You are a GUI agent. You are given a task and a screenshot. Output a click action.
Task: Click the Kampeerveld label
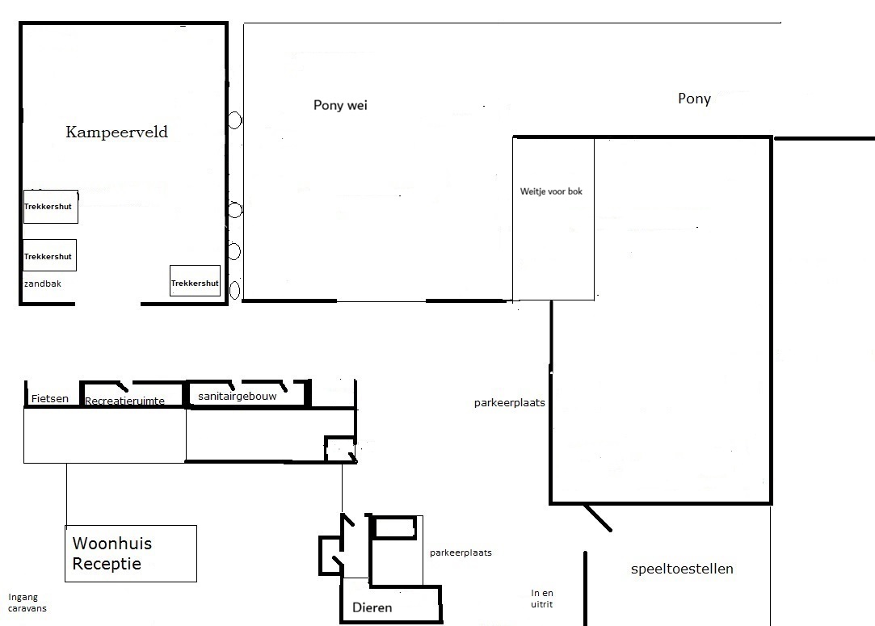coord(116,132)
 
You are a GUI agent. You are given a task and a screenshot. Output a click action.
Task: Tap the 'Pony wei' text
coord(340,106)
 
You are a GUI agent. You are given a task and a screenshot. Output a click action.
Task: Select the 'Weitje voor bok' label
coord(551,191)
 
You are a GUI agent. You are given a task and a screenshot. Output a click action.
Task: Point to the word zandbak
coord(43,284)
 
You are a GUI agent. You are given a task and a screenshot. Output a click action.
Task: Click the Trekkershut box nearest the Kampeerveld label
coord(51,207)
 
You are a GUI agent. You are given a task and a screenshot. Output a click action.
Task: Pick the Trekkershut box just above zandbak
coord(49,255)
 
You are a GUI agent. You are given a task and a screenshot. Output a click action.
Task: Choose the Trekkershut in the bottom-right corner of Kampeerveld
coord(196,280)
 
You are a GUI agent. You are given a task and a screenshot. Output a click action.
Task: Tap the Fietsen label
coord(50,398)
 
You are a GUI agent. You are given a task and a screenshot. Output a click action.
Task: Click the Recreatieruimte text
coord(124,401)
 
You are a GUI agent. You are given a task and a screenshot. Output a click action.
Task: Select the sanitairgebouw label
coord(238,396)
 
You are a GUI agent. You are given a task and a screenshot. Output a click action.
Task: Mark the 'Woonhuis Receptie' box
coord(131,553)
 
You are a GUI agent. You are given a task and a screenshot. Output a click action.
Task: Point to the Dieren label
coord(372,607)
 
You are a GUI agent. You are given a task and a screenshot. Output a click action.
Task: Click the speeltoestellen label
coord(682,569)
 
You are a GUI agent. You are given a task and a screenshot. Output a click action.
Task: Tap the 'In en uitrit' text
coord(542,599)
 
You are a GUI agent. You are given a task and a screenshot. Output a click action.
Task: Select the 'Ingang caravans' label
coord(27,603)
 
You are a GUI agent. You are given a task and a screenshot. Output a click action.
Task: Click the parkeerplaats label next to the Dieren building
coord(461,552)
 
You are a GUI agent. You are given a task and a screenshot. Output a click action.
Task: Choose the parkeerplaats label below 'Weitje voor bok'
coord(510,403)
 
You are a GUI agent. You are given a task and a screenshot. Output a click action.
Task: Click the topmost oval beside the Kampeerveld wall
coord(235,120)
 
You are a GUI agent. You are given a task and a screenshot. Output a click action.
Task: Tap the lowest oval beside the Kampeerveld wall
coord(235,290)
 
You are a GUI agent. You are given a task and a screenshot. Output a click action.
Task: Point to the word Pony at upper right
coord(694,99)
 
